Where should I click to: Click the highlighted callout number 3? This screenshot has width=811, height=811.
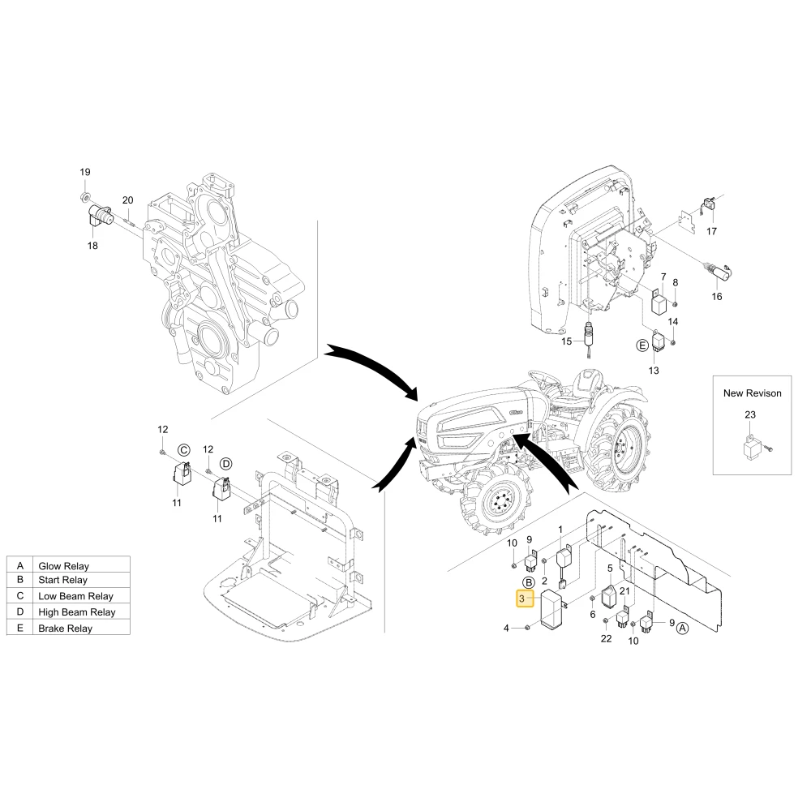pyautogui.click(x=521, y=599)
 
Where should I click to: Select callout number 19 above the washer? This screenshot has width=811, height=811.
pyautogui.click(x=85, y=172)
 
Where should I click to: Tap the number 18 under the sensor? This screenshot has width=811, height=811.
pyautogui.click(x=92, y=246)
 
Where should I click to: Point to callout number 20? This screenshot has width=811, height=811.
pyautogui.click(x=128, y=200)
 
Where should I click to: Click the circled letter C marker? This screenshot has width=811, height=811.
pyautogui.click(x=183, y=450)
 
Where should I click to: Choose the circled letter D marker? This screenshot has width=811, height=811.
pyautogui.click(x=226, y=463)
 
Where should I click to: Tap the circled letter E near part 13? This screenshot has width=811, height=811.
pyautogui.click(x=642, y=345)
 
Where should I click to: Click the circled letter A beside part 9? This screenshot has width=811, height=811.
pyautogui.click(x=683, y=629)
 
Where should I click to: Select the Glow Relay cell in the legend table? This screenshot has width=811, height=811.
pyautogui.click(x=63, y=566)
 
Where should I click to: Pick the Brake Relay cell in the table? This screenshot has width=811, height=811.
pyautogui.click(x=65, y=629)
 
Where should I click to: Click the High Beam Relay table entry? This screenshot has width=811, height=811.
pyautogui.click(x=76, y=612)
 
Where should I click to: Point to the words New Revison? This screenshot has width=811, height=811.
pyautogui.click(x=752, y=393)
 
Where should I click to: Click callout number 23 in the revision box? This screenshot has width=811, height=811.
pyautogui.click(x=750, y=414)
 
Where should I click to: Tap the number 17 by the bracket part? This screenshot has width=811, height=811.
pyautogui.click(x=712, y=231)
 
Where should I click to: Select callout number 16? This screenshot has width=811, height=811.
pyautogui.click(x=717, y=296)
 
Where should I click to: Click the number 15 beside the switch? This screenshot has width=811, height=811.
pyautogui.click(x=567, y=341)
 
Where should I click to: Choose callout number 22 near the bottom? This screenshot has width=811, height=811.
pyautogui.click(x=606, y=639)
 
